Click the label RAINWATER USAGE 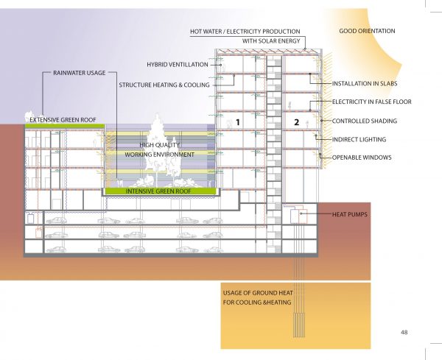[80, 73]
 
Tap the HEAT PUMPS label [349, 214]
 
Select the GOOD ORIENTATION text [367, 31]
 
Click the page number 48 [404, 333]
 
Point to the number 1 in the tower [238, 122]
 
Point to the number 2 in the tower [296, 122]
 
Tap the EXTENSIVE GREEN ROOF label [63, 120]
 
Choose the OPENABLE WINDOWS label [362, 158]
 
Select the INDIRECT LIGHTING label [359, 139]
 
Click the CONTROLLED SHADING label [364, 121]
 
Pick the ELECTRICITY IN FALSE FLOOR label [371, 102]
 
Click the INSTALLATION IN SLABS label [365, 84]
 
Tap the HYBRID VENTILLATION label [178, 65]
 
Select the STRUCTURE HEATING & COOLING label [164, 85]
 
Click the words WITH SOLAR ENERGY [271, 40]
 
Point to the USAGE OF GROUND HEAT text [258, 293]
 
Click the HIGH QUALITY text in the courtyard [160, 145]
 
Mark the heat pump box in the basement [298, 216]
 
